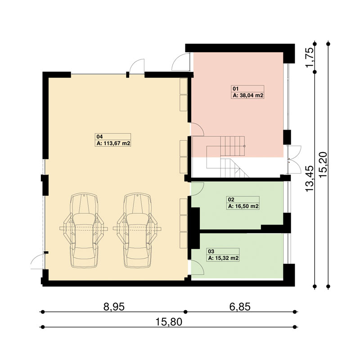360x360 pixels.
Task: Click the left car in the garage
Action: click(x=84, y=230)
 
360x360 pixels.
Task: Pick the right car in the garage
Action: click(x=137, y=230)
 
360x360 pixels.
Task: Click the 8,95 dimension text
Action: click(x=114, y=307)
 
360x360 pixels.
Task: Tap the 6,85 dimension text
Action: click(x=240, y=307)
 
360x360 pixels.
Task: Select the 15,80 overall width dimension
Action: click(x=169, y=322)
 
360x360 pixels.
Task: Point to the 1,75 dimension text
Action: click(x=309, y=58)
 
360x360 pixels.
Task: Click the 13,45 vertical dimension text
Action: click(x=309, y=179)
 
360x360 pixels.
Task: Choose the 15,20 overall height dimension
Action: click(x=323, y=164)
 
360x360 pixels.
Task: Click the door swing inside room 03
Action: click(x=198, y=267)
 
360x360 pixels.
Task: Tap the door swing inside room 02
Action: click(x=197, y=189)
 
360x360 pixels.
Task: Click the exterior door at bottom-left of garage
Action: click(x=37, y=261)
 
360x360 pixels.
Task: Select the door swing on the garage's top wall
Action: click(x=137, y=66)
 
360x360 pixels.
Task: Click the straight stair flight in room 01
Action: click(x=233, y=146)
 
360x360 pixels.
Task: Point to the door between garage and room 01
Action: click(x=197, y=130)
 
